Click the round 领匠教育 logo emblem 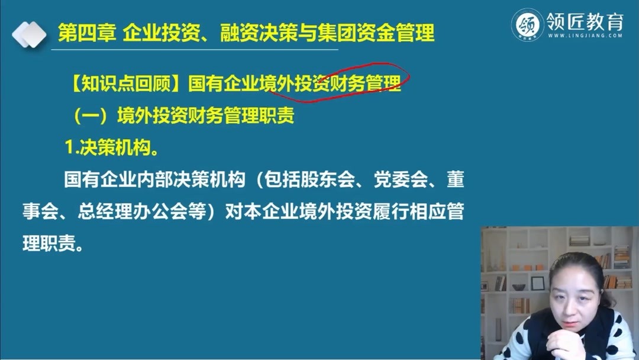[527, 24]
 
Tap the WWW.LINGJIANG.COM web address [585, 36]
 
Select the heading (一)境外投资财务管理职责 [183, 115]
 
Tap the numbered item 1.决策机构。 [112, 148]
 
